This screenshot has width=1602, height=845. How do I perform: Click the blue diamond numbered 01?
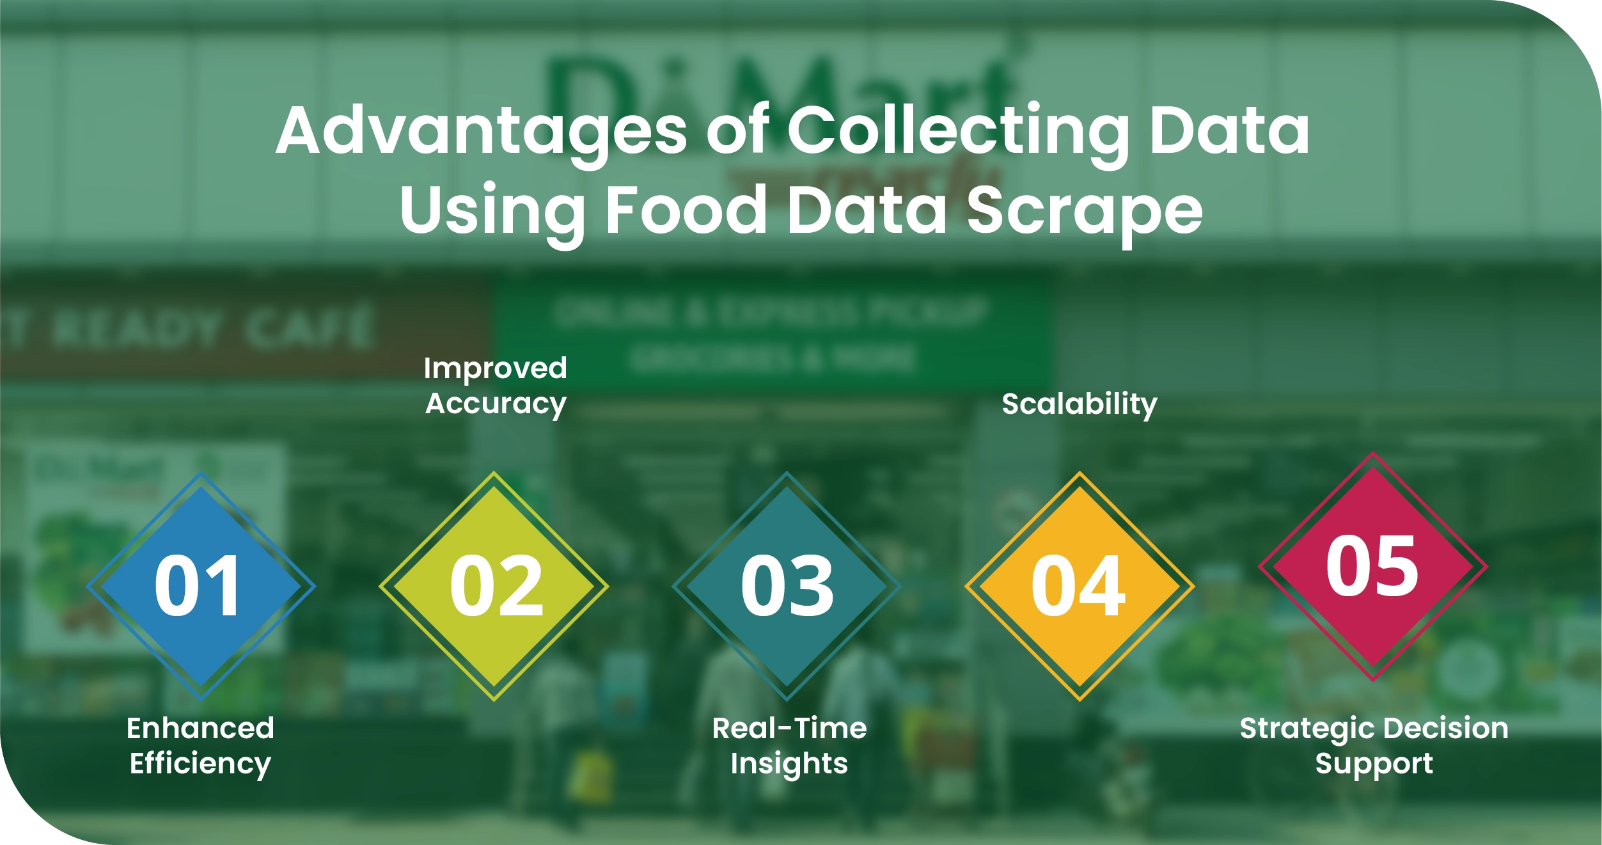[x=200, y=586]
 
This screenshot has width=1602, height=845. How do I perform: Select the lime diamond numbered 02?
[x=494, y=586]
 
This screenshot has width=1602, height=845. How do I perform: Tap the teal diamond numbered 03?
[x=787, y=586]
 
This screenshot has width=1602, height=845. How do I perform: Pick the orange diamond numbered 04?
[x=1080, y=586]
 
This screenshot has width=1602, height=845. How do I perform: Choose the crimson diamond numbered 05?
[x=1372, y=567]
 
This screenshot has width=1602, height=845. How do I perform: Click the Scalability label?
[x=1080, y=404]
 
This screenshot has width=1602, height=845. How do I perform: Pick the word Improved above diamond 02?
[x=495, y=368]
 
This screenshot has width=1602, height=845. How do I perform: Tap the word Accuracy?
[x=496, y=404]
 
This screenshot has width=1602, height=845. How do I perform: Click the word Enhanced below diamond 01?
[x=200, y=728]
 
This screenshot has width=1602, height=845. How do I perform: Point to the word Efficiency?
[x=200, y=764]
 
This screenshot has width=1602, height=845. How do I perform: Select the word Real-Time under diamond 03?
[x=789, y=728]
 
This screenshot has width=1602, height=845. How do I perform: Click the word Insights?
[x=789, y=764]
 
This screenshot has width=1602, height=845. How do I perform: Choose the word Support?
[x=1374, y=764]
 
